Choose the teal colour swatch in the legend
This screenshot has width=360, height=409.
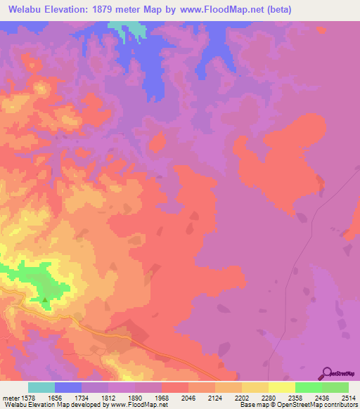[41, 387]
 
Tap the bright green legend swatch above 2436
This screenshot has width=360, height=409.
[308, 387]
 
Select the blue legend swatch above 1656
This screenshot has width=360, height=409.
[68, 387]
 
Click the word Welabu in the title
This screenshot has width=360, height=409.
[27, 10]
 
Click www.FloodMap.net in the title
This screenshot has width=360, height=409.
[216, 10]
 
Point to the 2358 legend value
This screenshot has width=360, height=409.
[282, 398]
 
